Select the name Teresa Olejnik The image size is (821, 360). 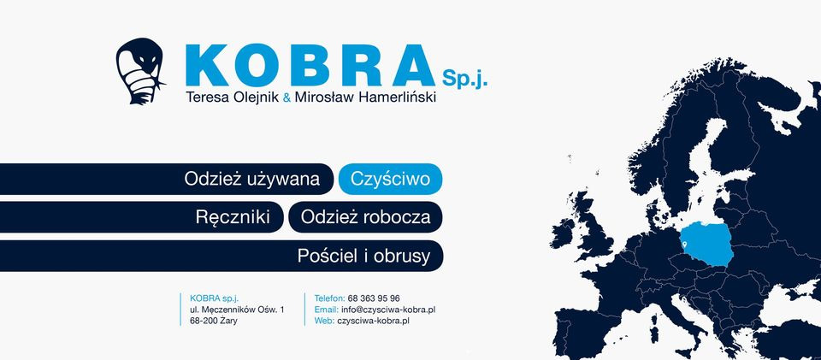(233, 97)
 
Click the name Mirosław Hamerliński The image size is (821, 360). (365, 97)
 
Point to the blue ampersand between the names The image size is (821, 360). (286, 98)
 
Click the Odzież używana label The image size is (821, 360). (252, 180)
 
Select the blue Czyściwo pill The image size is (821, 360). (391, 180)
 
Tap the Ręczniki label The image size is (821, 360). (233, 217)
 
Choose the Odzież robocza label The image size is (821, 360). (365, 217)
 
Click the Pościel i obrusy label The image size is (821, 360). (369, 256)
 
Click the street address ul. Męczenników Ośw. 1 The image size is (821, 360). (237, 310)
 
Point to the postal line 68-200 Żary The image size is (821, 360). (214, 321)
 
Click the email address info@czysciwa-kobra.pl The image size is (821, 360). (388, 310)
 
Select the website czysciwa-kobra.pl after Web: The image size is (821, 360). (374, 321)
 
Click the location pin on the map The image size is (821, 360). (684, 246)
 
